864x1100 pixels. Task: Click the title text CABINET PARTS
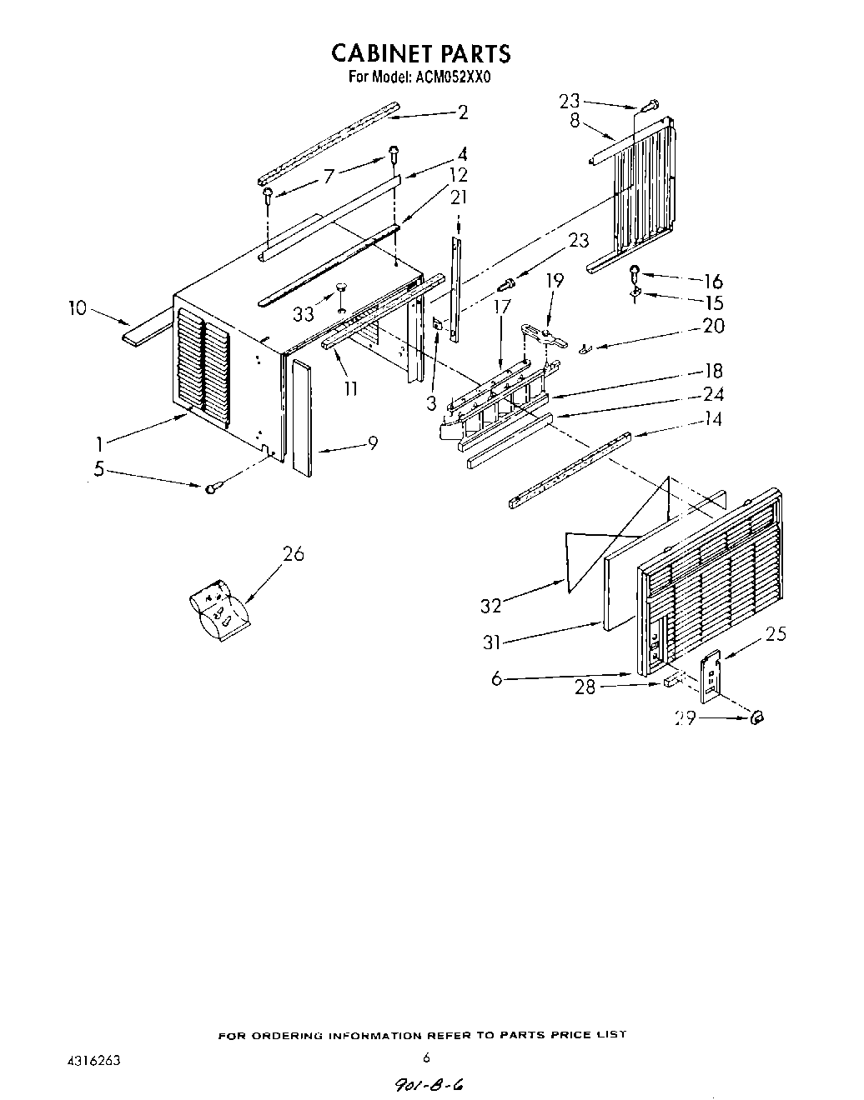point(420,53)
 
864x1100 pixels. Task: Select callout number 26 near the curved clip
point(294,553)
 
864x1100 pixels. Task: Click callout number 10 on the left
point(78,308)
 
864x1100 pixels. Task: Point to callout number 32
point(490,606)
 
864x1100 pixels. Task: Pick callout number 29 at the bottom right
point(686,718)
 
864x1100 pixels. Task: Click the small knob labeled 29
point(758,718)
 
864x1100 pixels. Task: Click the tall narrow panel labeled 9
point(302,419)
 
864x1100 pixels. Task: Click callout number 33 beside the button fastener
point(304,314)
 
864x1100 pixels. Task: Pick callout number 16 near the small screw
point(713,282)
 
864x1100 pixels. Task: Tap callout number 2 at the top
point(463,113)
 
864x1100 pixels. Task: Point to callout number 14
point(712,418)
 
